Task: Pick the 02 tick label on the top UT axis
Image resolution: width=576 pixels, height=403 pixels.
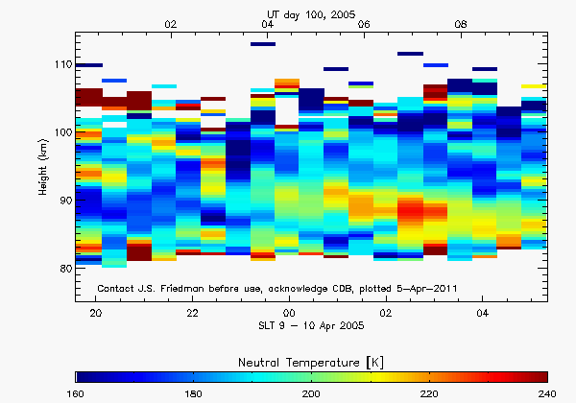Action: click(171, 23)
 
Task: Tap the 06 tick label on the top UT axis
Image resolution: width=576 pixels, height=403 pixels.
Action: click(364, 23)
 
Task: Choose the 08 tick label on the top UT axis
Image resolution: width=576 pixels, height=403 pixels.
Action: click(461, 23)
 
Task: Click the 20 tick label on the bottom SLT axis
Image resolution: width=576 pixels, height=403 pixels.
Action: click(96, 314)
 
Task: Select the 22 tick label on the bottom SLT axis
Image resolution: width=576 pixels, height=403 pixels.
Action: click(193, 314)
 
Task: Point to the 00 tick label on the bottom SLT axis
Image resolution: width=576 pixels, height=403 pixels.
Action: click(289, 314)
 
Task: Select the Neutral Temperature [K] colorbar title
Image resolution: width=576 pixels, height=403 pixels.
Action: click(313, 360)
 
